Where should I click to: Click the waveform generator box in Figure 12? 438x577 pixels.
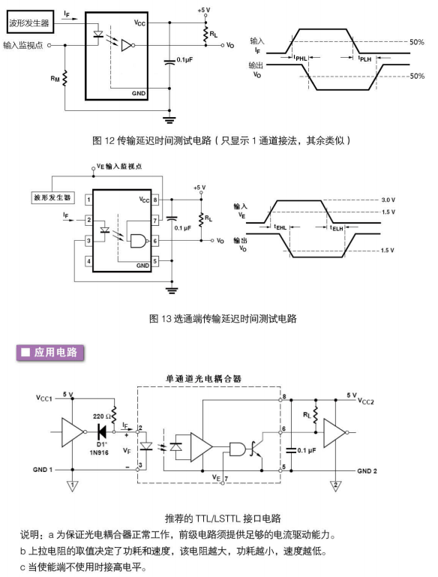[x=30, y=23]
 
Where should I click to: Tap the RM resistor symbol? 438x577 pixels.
[x=65, y=78]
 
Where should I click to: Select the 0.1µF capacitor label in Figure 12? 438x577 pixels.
[x=184, y=59]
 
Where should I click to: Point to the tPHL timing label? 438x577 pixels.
[x=300, y=58]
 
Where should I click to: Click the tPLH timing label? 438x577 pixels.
[x=364, y=59]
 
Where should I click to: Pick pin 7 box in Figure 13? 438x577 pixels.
[x=155, y=220]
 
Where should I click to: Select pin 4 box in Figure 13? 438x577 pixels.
[x=88, y=261]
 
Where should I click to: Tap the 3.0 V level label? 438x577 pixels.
[x=388, y=200]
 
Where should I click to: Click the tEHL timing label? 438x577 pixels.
[x=280, y=227]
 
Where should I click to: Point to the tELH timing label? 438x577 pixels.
[x=337, y=228]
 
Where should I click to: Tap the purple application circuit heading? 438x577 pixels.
[x=50, y=353]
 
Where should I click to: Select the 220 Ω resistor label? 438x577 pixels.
[x=101, y=416]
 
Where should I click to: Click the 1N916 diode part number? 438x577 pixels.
[x=99, y=452]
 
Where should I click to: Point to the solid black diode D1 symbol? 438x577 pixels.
[x=101, y=431]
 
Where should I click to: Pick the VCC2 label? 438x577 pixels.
[x=366, y=401]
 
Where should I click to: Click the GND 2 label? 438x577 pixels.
[x=367, y=470]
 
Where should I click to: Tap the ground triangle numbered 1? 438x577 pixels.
[x=73, y=485]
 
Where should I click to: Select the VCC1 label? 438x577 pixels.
[x=44, y=398]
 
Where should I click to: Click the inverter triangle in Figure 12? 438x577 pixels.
[x=127, y=45]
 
